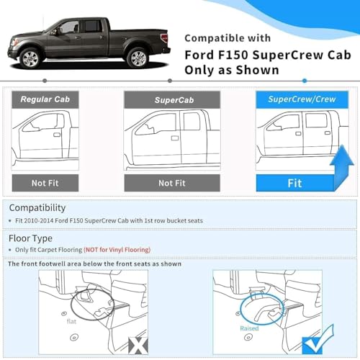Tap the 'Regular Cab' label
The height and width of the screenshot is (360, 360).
pyautogui.click(x=45, y=99)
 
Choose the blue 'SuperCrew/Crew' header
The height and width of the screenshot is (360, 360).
pyautogui.click(x=295, y=99)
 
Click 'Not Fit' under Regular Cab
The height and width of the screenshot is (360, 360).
pyautogui.click(x=45, y=183)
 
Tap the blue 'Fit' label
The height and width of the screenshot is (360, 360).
pyautogui.click(x=294, y=183)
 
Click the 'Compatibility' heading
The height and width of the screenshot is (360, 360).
pyautogui.click(x=37, y=207)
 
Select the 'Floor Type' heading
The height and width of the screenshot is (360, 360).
pyautogui.click(x=30, y=237)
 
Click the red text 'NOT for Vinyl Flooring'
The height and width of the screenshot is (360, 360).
pyautogui.click(x=117, y=249)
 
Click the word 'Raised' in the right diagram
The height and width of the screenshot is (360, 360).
pyautogui.click(x=249, y=328)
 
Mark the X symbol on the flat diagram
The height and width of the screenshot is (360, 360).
pyautogui.click(x=137, y=345)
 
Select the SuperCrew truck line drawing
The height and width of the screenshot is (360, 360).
pyautogui.click(x=295, y=137)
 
